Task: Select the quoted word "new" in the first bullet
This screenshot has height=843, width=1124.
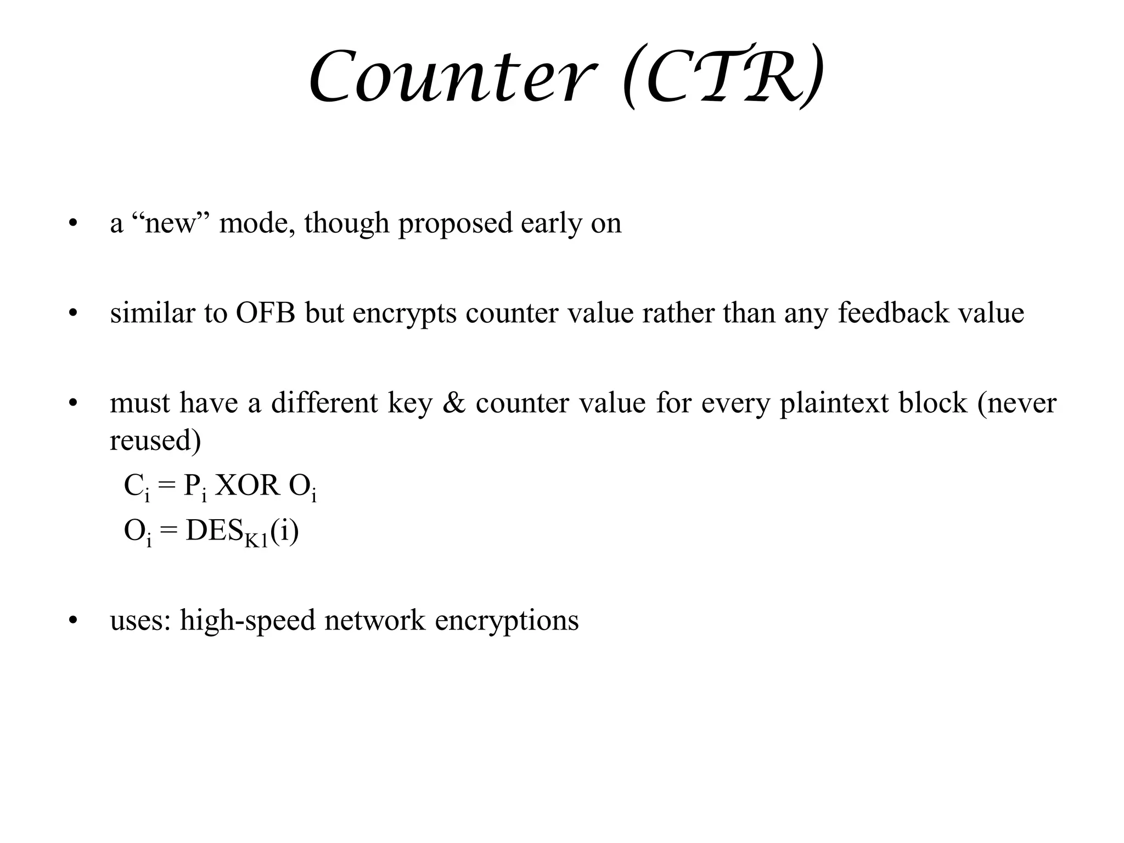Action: tap(171, 223)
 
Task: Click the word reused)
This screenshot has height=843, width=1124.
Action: tap(155, 440)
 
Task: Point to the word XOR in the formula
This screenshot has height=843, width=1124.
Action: tap(246, 485)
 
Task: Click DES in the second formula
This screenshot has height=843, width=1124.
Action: tap(215, 531)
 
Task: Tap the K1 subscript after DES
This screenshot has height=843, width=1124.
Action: tap(256, 541)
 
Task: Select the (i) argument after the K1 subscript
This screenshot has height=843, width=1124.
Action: tap(285, 531)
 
